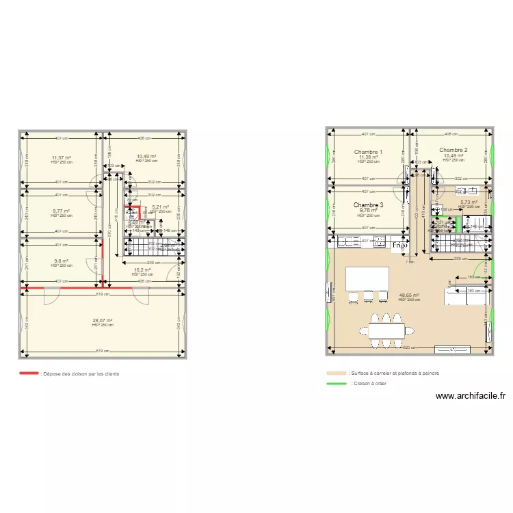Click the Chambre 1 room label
[368, 152]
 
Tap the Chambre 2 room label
[453, 150]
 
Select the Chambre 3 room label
[368, 205]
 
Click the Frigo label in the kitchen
[400, 244]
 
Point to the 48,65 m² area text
[408, 295]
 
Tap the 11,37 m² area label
[61, 157]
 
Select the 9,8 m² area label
[62, 261]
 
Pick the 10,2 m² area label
[142, 269]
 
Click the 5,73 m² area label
[469, 202]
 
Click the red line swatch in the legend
[29, 373]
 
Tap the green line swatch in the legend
[337, 384]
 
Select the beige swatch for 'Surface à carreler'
[337, 373]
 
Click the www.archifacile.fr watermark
[470, 395]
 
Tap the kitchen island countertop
[367, 278]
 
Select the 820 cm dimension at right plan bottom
[409, 347]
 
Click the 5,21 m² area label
[160, 207]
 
